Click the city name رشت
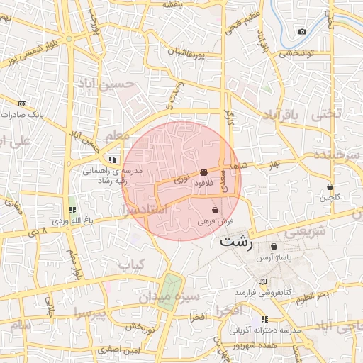pyautogui.click(x=236, y=240)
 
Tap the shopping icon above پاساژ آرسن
pyautogui.click(x=274, y=247)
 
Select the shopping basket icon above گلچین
pyautogui.click(x=330, y=186)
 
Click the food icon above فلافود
pyautogui.click(x=204, y=172)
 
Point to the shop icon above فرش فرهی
pyautogui.click(x=215, y=211)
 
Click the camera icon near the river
pyautogui.click(x=303, y=31)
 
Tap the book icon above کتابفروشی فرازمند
pyautogui.click(x=263, y=281)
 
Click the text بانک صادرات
pyautogui.click(x=21, y=113)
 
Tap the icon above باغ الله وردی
pyautogui.click(x=72, y=210)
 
